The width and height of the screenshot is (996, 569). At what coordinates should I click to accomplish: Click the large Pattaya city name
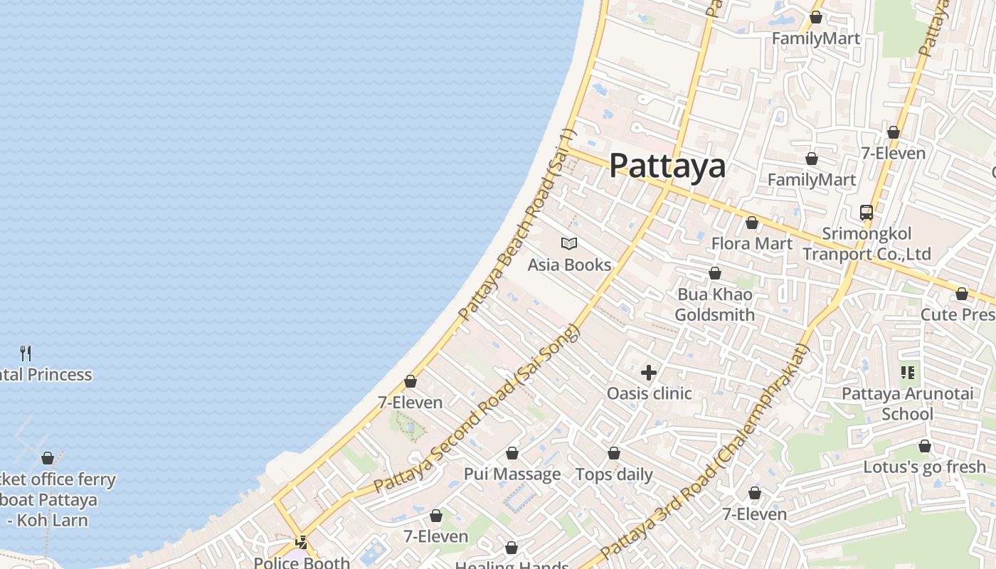(x=667, y=166)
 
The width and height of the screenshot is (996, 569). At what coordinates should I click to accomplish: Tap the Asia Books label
(x=569, y=265)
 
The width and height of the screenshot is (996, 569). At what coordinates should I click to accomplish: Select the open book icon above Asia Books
(x=569, y=244)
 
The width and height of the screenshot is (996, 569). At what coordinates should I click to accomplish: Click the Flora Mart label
(x=752, y=244)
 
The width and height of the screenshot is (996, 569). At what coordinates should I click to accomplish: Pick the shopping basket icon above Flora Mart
(x=752, y=223)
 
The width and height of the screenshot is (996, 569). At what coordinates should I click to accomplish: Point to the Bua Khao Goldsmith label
(x=715, y=304)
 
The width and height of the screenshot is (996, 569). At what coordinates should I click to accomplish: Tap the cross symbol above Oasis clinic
(x=649, y=372)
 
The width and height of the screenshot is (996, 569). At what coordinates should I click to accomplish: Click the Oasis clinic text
(x=649, y=393)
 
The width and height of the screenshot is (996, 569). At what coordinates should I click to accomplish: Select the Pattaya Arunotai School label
(x=907, y=404)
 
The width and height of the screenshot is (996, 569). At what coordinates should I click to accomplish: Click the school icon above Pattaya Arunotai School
(x=907, y=372)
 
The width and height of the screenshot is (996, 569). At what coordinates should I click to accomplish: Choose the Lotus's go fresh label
(x=925, y=467)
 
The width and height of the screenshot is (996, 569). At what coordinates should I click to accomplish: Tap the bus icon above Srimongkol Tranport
(x=867, y=212)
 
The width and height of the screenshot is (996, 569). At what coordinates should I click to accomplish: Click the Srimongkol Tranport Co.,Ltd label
(x=867, y=244)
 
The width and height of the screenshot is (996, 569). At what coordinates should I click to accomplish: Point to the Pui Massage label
(x=512, y=474)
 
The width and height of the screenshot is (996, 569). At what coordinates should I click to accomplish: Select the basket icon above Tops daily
(x=614, y=453)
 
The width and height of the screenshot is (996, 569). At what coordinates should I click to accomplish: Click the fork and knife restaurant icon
(x=26, y=353)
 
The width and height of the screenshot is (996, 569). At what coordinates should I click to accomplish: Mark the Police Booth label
(x=302, y=563)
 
